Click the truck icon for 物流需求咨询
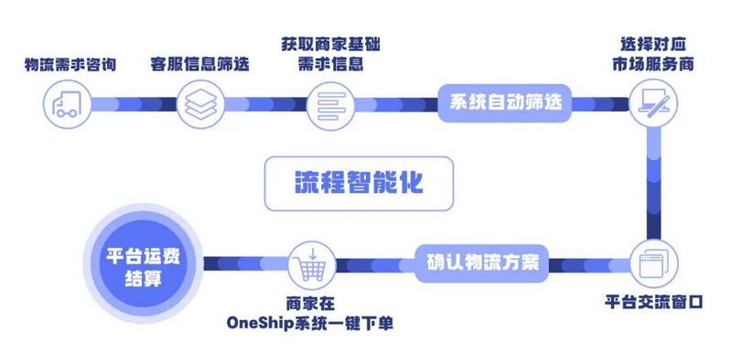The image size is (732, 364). click(68, 102)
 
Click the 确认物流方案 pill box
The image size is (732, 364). click(483, 262)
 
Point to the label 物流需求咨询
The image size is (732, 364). click(69, 64)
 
